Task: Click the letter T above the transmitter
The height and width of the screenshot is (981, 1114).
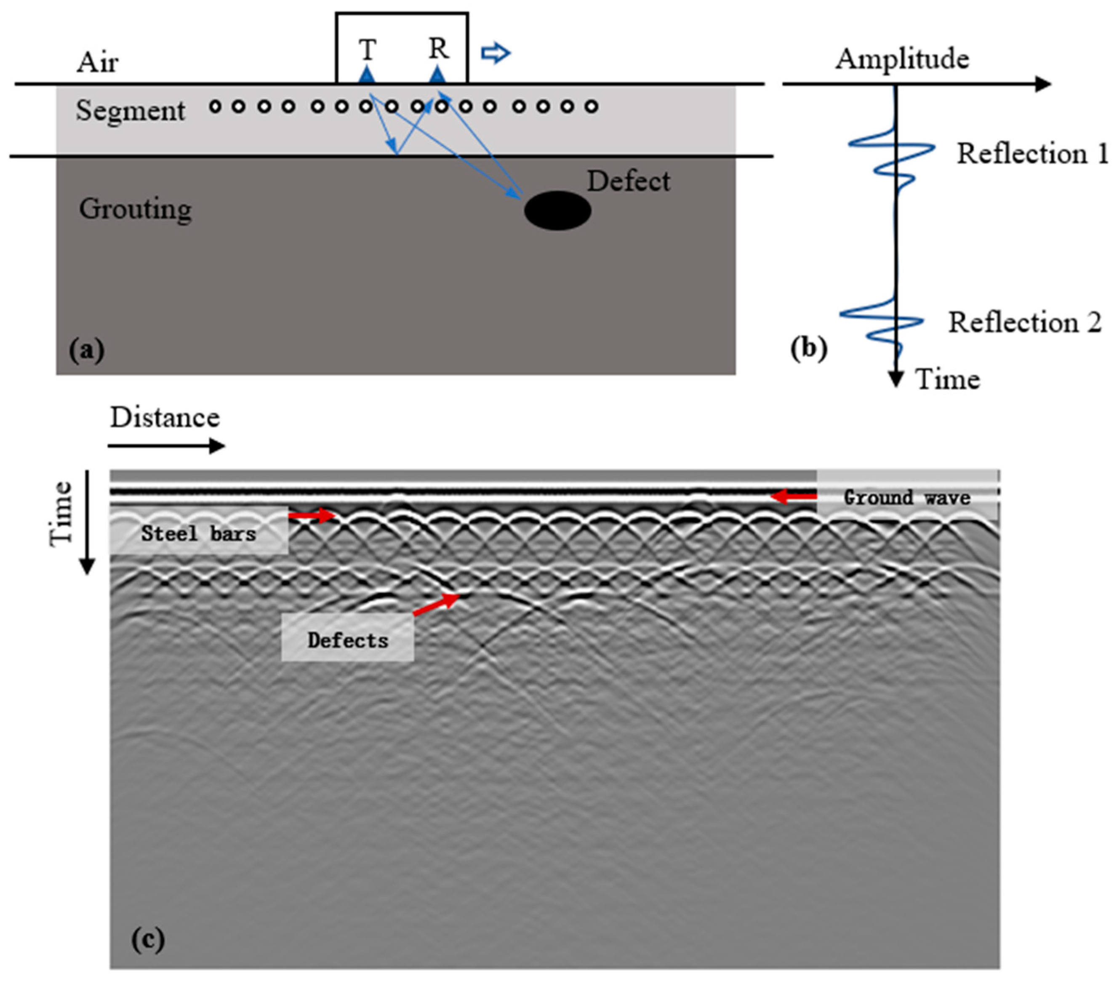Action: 368,50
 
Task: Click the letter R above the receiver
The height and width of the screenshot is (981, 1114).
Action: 438,49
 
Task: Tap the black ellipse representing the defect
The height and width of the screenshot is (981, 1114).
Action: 557,211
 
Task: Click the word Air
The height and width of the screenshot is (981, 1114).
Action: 97,62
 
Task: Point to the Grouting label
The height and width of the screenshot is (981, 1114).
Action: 135,209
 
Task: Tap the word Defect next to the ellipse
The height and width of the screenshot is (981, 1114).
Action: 628,181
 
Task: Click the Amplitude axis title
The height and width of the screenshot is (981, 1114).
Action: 902,59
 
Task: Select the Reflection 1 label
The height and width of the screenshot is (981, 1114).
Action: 1032,154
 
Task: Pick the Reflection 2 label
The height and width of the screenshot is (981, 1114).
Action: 1025,322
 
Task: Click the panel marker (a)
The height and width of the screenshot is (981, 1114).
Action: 87,350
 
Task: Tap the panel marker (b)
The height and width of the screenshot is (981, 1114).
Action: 809,349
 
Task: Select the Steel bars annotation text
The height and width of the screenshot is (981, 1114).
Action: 198,533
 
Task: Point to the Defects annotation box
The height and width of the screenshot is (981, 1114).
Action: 348,640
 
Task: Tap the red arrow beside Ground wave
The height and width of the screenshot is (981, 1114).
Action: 793,496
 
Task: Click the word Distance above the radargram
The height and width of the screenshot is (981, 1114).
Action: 165,418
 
